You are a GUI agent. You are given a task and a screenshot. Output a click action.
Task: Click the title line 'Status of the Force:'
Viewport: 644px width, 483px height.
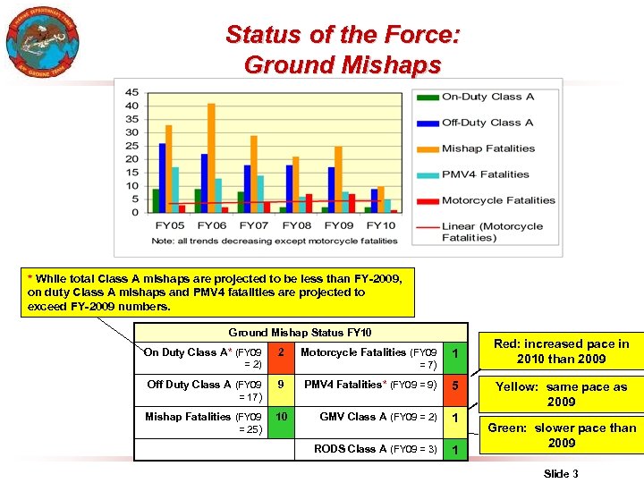tap(343, 35)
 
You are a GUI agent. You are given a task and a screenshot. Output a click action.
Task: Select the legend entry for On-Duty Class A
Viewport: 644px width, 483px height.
tap(487, 97)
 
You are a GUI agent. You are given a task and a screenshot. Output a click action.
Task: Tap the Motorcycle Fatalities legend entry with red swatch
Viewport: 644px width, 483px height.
tap(497, 200)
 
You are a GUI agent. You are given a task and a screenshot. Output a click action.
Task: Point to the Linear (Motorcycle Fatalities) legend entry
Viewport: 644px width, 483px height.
tap(492, 232)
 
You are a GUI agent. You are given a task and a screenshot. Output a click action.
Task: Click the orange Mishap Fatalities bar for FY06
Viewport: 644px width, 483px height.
tap(211, 157)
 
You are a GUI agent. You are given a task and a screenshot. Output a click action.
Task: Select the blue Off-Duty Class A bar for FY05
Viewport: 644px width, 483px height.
tap(162, 177)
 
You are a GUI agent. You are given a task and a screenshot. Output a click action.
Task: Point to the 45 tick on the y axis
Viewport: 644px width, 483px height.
tap(131, 92)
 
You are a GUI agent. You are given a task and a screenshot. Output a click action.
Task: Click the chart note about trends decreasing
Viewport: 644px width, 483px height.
tap(275, 241)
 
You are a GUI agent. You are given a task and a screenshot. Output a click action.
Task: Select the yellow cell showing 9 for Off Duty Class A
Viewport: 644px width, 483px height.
tap(281, 385)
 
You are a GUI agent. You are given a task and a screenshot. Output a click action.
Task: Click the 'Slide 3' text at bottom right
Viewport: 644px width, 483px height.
tap(561, 473)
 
